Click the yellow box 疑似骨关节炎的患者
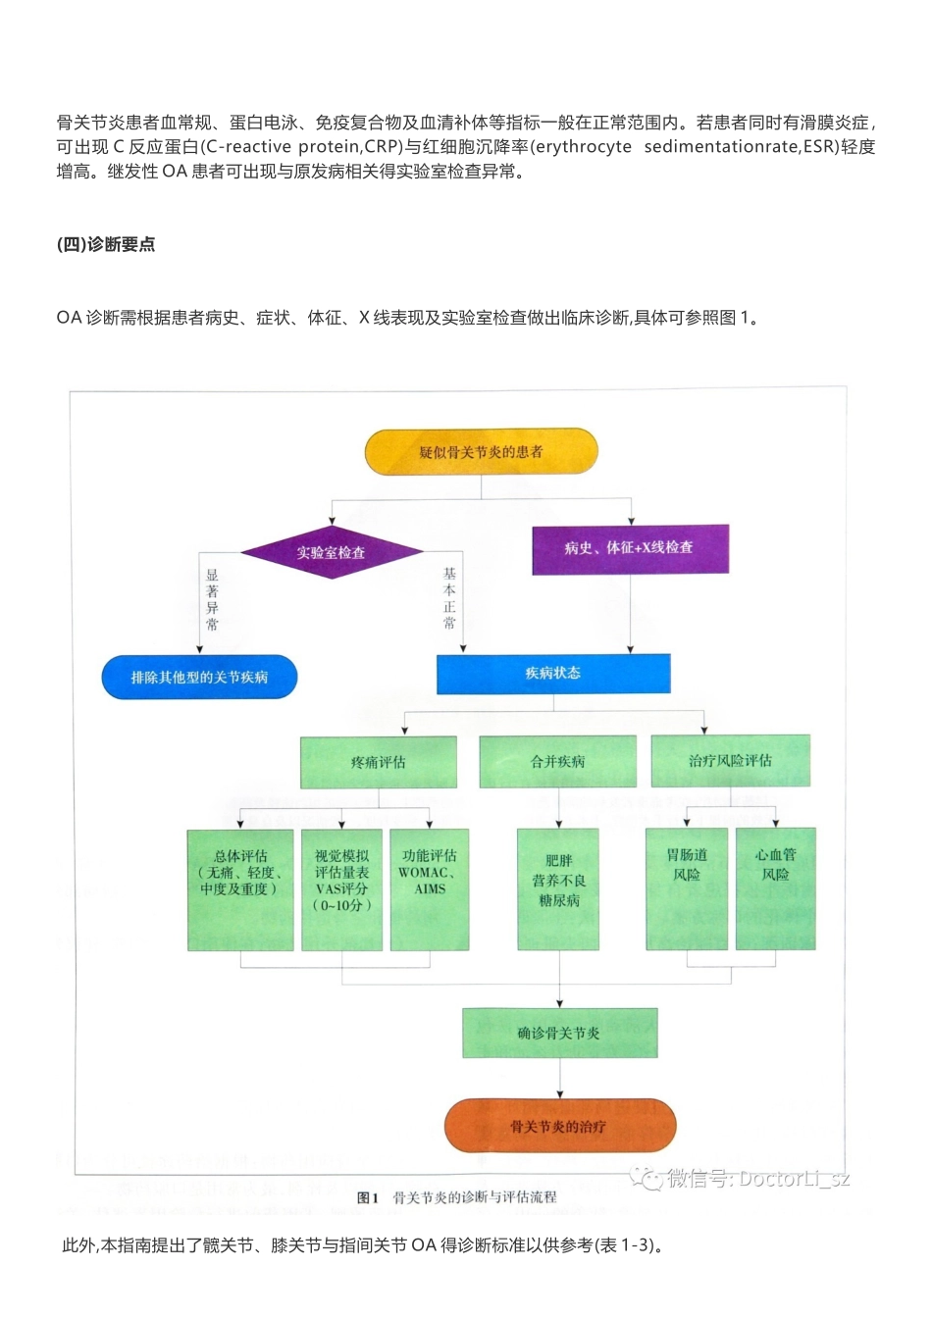pos(481,451)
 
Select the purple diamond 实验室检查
pos(332,552)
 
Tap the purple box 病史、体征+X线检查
pos(630,548)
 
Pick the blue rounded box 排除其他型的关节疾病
pos(199,677)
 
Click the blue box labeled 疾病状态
pos(553,673)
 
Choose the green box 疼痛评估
pos(378,762)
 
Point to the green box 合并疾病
pos(557,762)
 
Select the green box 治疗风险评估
pos(730,761)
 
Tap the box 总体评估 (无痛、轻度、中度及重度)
pos(240,889)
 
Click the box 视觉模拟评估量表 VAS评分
pos(341,889)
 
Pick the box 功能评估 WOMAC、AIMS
pos(430,889)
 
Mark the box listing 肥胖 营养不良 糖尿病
pos(559,889)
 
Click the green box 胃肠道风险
pos(687,889)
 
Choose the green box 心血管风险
pos(775,889)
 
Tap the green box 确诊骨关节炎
pos(559,1033)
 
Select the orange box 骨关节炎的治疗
pos(559,1126)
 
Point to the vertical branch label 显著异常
pos(212,599)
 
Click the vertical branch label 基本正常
pos(449,597)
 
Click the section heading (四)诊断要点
pos(106,244)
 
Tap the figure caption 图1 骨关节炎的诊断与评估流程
pos(457,1197)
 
